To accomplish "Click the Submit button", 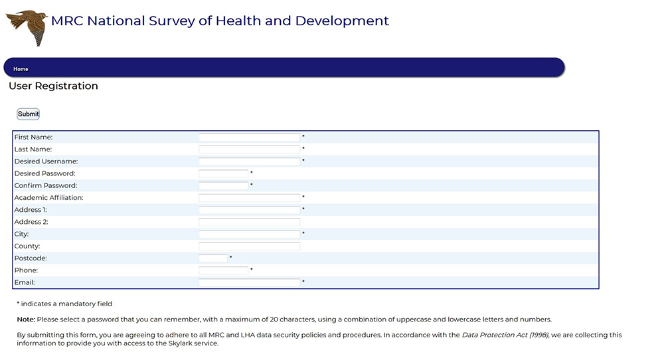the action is [29, 114].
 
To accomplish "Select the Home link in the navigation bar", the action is [21, 69].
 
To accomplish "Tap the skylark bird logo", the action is [27, 27].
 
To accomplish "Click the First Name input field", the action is [250, 137].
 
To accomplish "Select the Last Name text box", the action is [250, 149].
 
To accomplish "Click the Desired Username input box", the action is [250, 161].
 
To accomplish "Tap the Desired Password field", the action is [224, 173].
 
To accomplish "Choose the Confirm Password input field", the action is [224, 185].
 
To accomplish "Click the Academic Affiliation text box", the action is [250, 198].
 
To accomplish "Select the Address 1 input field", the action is [250, 210].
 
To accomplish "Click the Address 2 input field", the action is [250, 222].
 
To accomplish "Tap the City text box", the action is [250, 234].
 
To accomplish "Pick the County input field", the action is [250, 246].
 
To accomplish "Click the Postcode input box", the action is [213, 258].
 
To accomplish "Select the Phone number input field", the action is [224, 270].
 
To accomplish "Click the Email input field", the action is [250, 282].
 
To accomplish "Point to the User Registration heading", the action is [53, 86].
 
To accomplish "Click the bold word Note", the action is [26, 319].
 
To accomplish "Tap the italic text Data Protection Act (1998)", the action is [505, 335].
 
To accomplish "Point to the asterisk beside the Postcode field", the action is [231, 257].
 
